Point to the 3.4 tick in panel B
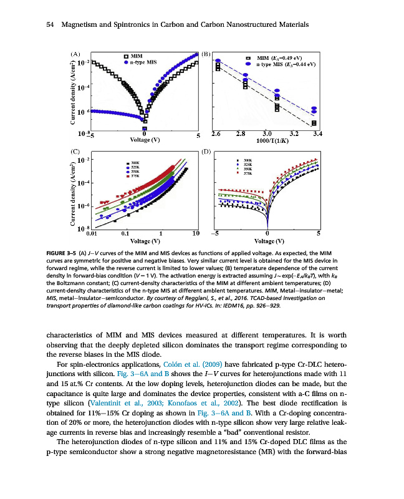click(x=317, y=134)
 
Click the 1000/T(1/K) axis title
click(x=267, y=140)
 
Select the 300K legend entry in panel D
click(x=246, y=160)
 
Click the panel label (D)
click(x=208, y=152)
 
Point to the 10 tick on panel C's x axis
click(x=196, y=234)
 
